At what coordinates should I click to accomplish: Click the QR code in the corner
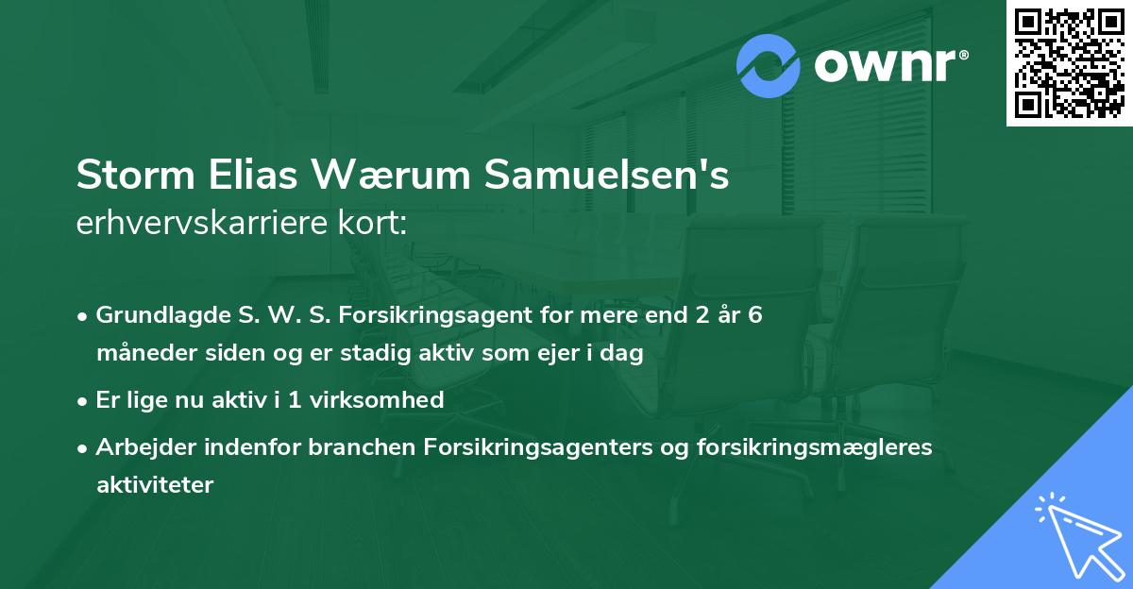(x=1069, y=63)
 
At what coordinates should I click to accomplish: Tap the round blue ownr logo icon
(x=769, y=66)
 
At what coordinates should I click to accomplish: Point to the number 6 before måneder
(x=754, y=315)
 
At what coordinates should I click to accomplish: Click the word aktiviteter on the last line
(x=155, y=485)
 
